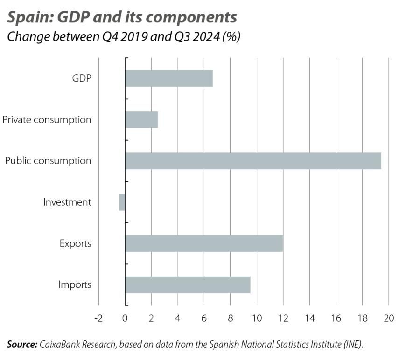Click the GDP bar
tap(168, 78)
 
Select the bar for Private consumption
tap(141, 120)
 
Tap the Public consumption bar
tap(253, 161)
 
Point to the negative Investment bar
tap(122, 202)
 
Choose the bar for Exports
tap(204, 243)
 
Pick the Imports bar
tap(188, 284)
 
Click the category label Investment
tap(67, 202)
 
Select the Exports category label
tap(75, 243)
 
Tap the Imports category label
tap(75, 284)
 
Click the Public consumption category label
tap(48, 161)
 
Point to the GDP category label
tap(81, 78)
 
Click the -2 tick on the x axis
tap(98, 318)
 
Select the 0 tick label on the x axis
tap(125, 318)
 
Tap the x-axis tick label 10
tap(257, 318)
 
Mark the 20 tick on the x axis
tap(389, 318)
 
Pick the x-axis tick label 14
tap(309, 318)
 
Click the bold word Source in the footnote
tap(21, 345)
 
